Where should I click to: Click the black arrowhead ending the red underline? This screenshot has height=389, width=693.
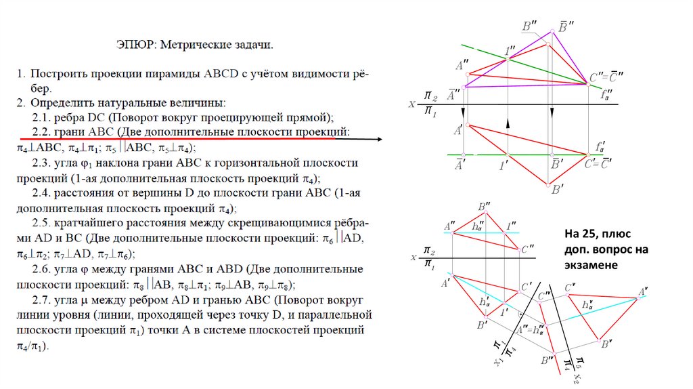tap(379, 140)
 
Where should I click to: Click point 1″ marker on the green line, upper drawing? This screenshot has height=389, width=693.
tap(508, 58)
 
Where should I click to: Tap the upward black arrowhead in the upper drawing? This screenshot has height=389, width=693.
tap(508, 123)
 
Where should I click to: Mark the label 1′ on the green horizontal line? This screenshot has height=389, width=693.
tap(504, 164)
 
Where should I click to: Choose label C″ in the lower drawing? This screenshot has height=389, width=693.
tap(529, 249)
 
